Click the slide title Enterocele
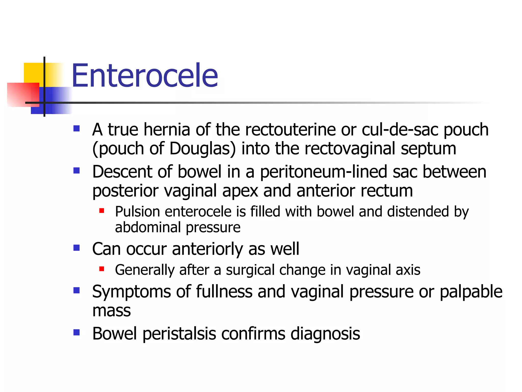tap(145, 76)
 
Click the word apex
tap(240, 191)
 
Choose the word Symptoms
tap(131, 292)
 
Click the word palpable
tap(471, 292)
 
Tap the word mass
tap(111, 311)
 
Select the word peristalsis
tap(179, 334)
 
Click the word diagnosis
tap(325, 334)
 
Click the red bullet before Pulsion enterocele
tap(102, 211)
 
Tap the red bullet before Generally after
tap(102, 269)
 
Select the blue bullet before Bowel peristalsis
tap(76, 332)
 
